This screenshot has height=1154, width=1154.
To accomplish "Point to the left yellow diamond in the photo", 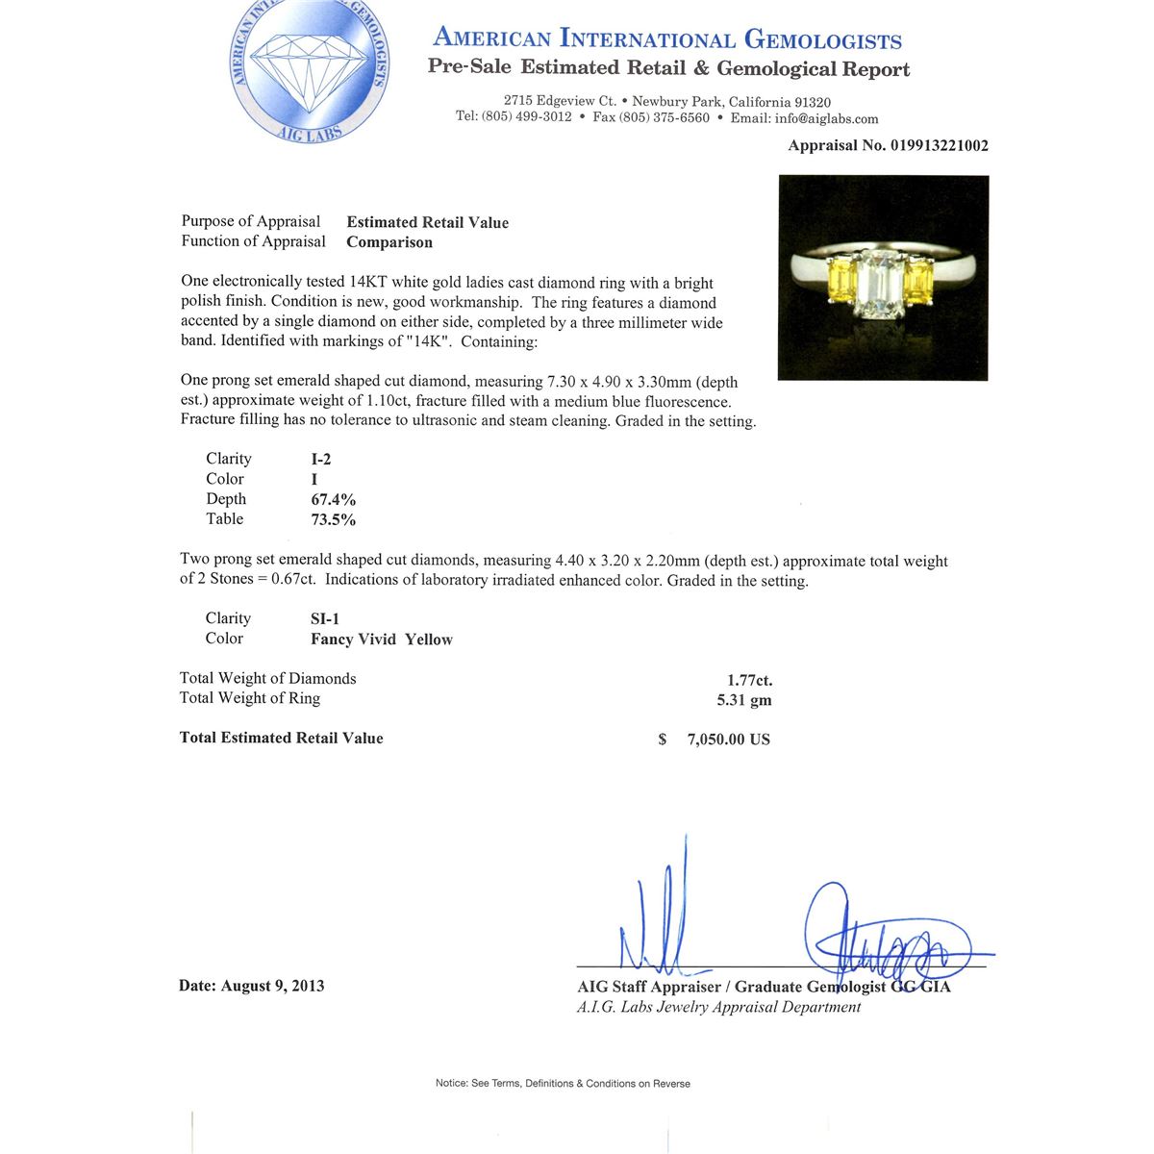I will (x=841, y=280).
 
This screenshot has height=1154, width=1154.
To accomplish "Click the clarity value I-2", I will (x=320, y=460).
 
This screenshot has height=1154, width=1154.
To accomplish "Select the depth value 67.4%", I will (x=333, y=500).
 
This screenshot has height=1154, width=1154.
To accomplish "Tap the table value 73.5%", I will (x=333, y=520).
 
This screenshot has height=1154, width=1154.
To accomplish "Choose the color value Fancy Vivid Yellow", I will (x=381, y=640).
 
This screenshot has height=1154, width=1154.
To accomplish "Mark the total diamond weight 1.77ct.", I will (x=749, y=681).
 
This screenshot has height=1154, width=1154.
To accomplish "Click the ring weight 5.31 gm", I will (x=744, y=700).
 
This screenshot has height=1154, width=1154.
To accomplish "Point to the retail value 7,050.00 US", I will (x=728, y=740).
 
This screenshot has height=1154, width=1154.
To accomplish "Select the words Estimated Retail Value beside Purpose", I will (x=427, y=222).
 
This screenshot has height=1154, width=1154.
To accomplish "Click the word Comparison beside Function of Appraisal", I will (x=389, y=242).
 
